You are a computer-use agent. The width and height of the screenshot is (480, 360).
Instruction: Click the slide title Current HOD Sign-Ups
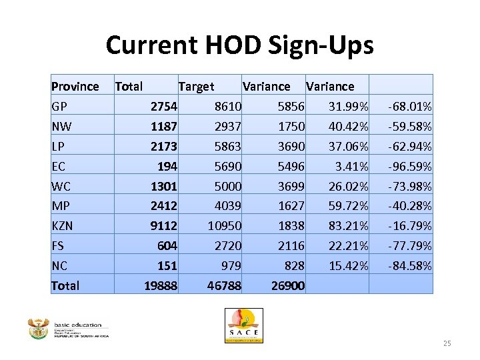(239, 45)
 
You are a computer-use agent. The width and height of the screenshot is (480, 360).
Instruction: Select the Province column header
(75, 86)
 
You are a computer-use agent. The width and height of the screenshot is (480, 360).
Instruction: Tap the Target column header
(196, 86)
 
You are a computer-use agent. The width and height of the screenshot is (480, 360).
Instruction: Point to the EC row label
(59, 166)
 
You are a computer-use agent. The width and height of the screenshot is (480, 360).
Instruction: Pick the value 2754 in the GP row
(163, 106)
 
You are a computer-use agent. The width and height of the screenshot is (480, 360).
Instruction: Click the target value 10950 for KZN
(223, 226)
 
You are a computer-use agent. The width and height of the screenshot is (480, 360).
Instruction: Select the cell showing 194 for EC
(167, 166)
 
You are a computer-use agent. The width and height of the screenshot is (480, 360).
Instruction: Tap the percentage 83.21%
(348, 226)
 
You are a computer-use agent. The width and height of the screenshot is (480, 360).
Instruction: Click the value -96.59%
(409, 166)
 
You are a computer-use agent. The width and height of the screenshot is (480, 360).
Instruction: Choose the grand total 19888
(161, 286)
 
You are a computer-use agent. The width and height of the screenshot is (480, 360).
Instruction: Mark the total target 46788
(223, 286)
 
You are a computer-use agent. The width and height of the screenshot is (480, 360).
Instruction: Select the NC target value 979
(230, 266)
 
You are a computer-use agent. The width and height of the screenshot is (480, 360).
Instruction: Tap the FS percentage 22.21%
(348, 246)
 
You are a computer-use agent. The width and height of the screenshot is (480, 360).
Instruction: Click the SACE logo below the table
(243, 325)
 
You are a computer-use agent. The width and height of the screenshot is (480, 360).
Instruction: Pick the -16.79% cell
(409, 226)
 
